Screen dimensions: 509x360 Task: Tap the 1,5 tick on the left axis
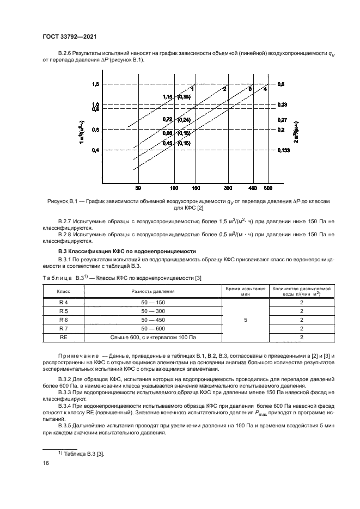95,84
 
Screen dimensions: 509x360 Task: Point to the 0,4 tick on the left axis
95,150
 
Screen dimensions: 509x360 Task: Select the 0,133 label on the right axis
283,150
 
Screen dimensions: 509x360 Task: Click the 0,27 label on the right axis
282,119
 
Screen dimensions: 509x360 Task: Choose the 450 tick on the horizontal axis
253,188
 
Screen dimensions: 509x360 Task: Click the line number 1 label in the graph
192,88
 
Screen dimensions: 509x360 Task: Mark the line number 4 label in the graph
265,89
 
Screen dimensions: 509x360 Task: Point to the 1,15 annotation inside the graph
168,96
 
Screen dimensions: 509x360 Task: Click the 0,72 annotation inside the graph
168,119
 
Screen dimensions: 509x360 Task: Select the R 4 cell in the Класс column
63,302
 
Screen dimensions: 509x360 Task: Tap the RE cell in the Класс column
63,338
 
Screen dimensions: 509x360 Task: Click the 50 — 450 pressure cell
152,320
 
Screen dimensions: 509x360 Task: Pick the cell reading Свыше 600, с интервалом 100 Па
152,338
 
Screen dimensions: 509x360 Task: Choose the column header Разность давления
152,291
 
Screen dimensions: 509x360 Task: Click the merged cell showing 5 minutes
246,320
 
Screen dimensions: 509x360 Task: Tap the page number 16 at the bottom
46,463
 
